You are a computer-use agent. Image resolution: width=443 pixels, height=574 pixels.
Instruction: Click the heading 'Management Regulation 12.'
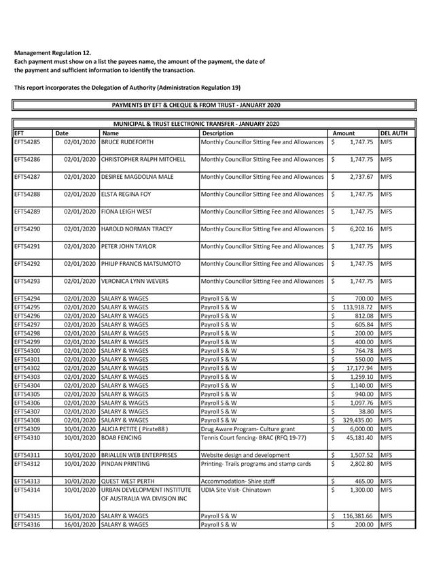coord(52,52)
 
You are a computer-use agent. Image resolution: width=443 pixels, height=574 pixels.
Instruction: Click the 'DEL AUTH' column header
coord(393,134)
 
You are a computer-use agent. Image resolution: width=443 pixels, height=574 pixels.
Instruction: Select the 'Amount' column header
coord(343,134)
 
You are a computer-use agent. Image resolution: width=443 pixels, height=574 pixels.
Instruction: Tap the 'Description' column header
coord(218,134)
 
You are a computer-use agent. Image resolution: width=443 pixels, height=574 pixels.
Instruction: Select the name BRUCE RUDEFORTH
coord(127,143)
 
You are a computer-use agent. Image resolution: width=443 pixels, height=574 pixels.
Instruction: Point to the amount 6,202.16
coord(359,229)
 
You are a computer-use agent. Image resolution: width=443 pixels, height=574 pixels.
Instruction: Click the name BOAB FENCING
coord(122,439)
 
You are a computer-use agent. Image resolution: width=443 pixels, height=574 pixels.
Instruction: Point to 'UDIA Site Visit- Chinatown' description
coord(236,490)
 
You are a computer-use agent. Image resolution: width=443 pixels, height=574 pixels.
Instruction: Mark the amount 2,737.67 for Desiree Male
coord(359,177)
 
